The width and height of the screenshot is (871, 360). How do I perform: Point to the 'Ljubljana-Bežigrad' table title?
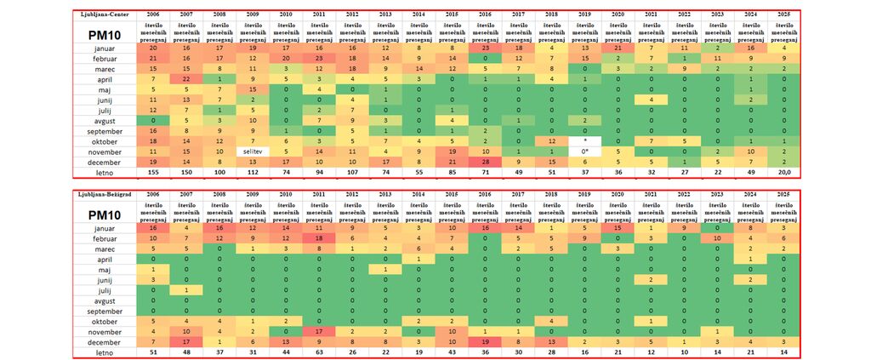pyautogui.click(x=105, y=197)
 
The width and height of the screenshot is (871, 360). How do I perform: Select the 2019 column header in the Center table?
pyautogui.click(x=584, y=15)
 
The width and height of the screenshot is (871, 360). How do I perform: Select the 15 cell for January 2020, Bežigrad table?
pyautogui.click(x=618, y=229)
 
